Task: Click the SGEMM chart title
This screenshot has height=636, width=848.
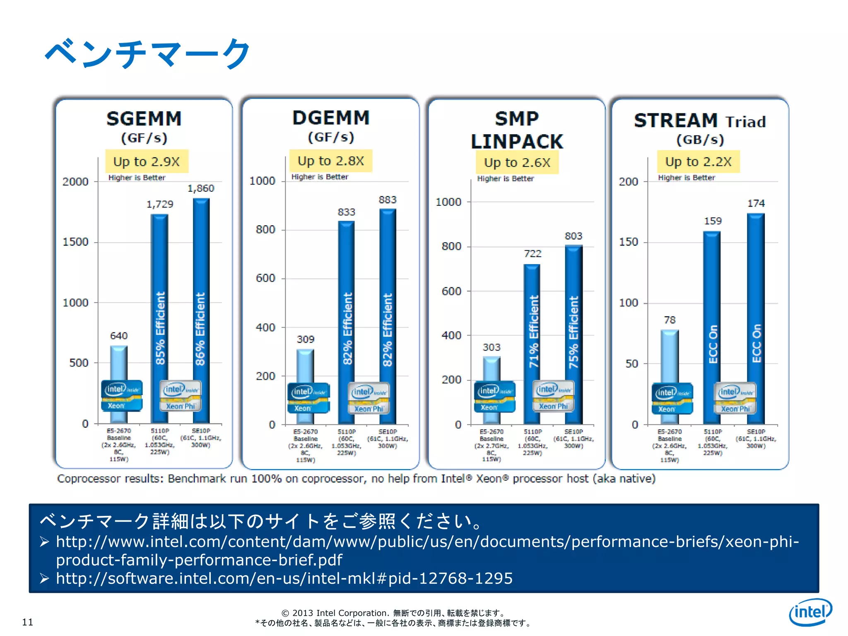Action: coord(144,119)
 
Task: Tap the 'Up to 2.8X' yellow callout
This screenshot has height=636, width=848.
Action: coord(330,161)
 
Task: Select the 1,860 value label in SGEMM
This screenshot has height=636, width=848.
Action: coord(201,188)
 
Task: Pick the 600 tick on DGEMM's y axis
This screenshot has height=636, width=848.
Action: coord(265,278)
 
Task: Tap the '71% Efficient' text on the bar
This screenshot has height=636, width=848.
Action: coord(534,331)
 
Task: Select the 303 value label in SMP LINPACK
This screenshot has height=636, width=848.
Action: coord(491,347)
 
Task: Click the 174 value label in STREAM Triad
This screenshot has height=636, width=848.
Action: coord(756,203)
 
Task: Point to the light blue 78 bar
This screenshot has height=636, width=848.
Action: coord(669,356)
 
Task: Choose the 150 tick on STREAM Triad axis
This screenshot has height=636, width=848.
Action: coord(628,242)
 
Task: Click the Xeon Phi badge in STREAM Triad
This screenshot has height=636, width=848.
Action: coord(735,398)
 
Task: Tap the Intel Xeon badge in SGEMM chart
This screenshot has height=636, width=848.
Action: coord(121,395)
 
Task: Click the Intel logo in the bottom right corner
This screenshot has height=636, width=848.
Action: coord(810,612)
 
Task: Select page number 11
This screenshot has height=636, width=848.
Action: coord(27,622)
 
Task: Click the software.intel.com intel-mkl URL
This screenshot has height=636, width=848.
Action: coord(284,578)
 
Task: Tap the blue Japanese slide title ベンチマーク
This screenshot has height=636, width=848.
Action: coord(147,54)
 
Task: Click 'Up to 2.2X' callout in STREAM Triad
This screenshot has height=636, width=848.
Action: coord(698,161)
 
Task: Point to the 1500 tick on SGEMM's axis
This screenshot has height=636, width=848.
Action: coord(75,242)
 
